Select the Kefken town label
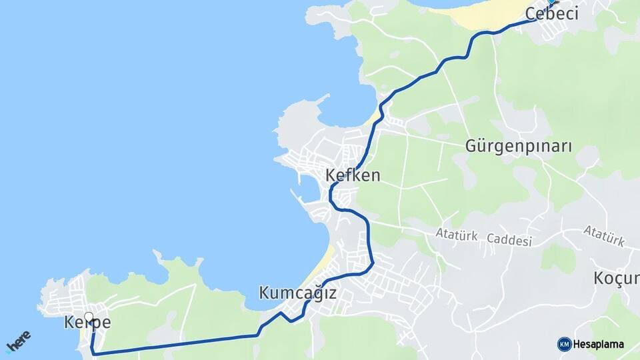(x=353, y=176)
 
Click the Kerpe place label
(x=87, y=323)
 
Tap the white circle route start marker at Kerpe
(x=89, y=317)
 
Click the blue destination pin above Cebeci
(x=551, y=3)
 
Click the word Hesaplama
(x=598, y=345)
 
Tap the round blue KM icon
(x=564, y=344)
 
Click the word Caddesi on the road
(x=509, y=239)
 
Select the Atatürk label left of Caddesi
(x=457, y=234)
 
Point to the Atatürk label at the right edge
(x=604, y=235)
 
